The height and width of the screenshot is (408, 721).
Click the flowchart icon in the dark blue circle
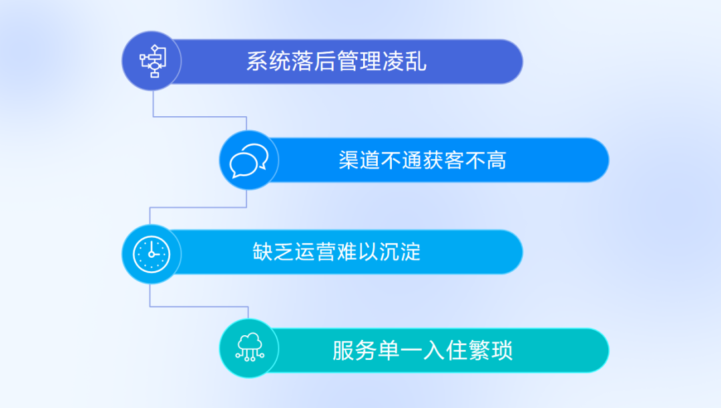click(x=153, y=61)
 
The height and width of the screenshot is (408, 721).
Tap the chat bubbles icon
click(x=249, y=160)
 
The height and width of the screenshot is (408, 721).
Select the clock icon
click(x=152, y=254)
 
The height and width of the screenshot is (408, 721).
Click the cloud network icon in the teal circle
click(x=250, y=347)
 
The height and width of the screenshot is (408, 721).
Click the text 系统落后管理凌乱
click(x=336, y=61)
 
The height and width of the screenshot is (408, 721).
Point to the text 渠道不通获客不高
click(x=423, y=160)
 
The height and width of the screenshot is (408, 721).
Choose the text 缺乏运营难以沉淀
click(x=336, y=252)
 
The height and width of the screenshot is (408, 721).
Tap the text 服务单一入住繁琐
click(x=423, y=351)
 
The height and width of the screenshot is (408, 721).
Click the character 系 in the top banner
click(x=257, y=61)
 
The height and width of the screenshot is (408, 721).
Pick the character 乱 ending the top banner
click(x=416, y=61)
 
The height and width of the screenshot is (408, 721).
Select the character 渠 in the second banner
click(x=349, y=160)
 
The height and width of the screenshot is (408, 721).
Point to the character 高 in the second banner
click(x=497, y=160)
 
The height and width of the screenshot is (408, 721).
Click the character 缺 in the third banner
click(x=263, y=252)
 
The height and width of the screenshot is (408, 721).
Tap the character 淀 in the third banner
click(x=411, y=252)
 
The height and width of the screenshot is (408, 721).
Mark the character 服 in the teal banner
click(x=343, y=351)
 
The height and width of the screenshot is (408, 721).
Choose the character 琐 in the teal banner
click(x=502, y=351)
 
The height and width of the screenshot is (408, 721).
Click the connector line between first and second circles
click(x=200, y=116)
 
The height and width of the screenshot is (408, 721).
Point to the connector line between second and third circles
click(x=198, y=208)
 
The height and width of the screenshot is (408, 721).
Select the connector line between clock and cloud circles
click(x=199, y=307)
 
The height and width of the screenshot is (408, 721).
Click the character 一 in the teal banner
click(x=411, y=351)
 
